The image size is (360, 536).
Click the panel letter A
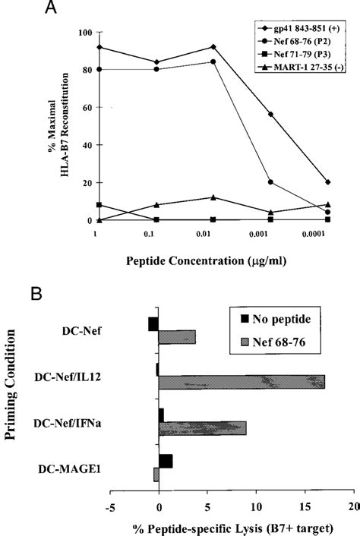[x=51, y=8]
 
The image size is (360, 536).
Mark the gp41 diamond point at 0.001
[x=270, y=114]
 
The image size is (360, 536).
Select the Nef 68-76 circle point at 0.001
[x=270, y=182]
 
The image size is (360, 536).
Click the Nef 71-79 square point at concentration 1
[x=99, y=205]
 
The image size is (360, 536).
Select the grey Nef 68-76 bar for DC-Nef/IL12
[x=242, y=381]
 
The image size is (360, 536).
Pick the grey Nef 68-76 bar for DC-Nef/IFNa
[x=202, y=428]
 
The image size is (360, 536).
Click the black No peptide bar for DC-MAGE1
[x=166, y=461]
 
